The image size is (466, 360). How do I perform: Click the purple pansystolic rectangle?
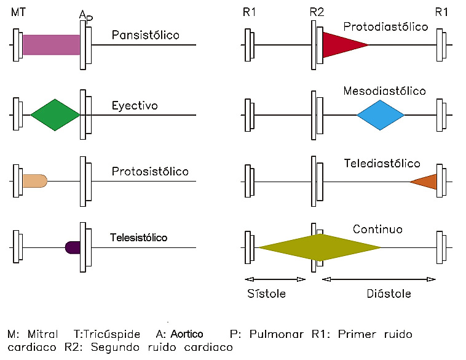click(51, 45)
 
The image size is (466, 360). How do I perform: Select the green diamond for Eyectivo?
click(55, 115)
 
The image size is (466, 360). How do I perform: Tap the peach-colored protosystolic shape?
click(34, 180)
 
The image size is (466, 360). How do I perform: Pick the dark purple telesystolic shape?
click(73, 247)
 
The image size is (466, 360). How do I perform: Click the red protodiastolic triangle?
click(340, 45)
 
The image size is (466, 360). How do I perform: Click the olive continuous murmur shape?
click(320, 247)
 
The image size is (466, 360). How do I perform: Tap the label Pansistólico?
click(145, 35)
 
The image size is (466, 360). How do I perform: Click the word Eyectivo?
click(135, 106)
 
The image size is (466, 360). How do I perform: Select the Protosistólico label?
click(150, 171)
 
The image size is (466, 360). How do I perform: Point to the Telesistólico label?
click(139, 238)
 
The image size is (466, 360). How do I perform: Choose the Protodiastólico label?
click(385, 26)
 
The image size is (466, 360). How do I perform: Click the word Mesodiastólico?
click(385, 91)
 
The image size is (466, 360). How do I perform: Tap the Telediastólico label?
click(382, 164)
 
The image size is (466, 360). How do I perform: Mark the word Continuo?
click(377, 230)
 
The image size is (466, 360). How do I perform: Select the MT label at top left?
click(19, 12)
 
